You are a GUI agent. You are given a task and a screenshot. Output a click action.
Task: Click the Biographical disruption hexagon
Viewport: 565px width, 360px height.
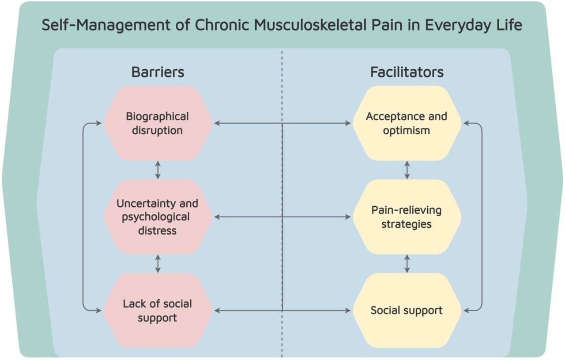point(158,123)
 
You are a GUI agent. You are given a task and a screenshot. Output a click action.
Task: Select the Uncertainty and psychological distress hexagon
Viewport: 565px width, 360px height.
point(158,217)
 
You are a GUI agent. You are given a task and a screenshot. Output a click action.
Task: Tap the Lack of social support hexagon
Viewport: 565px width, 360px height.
point(158,311)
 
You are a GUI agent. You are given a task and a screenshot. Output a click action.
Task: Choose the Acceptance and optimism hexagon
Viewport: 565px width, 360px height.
point(407,123)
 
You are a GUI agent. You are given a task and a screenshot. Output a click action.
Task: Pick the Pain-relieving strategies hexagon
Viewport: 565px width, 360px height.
point(407,217)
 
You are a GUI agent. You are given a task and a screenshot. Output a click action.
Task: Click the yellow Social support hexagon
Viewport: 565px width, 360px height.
point(407,311)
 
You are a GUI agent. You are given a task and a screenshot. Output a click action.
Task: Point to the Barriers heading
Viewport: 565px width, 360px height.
point(158,72)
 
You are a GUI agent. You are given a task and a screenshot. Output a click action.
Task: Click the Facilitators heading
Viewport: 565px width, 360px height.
point(407,72)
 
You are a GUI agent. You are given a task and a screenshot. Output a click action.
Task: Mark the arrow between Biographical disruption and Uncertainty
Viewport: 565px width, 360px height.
point(158,170)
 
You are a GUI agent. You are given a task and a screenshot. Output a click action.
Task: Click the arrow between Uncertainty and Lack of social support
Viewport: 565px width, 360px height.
point(158,264)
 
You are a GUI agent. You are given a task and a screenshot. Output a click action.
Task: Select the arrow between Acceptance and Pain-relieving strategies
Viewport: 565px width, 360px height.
point(407,170)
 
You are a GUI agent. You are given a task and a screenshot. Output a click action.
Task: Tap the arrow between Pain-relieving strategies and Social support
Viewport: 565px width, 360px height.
point(407,264)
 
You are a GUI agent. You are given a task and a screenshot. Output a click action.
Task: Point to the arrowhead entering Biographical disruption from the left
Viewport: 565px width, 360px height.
point(98,123)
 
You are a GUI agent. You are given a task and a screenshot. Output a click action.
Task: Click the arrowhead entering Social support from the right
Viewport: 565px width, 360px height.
point(467,311)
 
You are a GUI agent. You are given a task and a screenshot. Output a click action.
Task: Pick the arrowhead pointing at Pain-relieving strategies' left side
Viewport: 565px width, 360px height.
point(348,217)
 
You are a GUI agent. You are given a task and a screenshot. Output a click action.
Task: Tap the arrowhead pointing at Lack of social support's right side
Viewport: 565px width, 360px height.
point(217,311)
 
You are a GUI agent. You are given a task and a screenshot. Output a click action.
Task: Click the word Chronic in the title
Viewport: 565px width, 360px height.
point(222,25)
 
